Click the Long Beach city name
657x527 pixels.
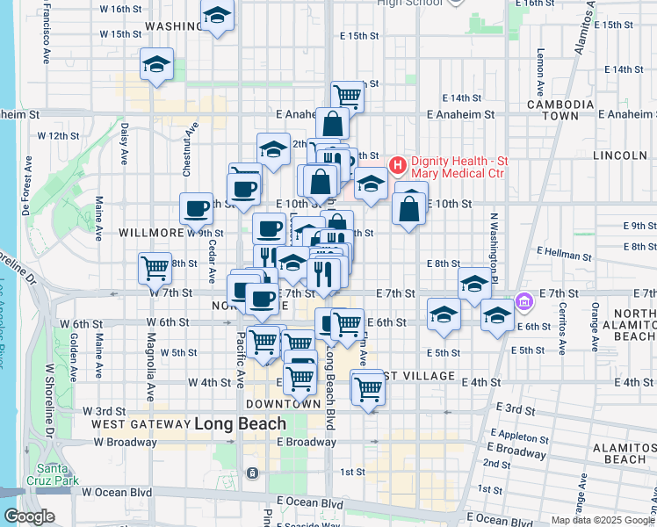point(240,423)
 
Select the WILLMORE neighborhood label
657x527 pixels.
point(151,234)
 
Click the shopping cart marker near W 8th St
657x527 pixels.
point(155,266)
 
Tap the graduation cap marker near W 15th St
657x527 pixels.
point(156,64)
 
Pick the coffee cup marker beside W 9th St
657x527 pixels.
point(197,208)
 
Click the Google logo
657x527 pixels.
point(29,516)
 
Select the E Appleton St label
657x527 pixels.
point(521,435)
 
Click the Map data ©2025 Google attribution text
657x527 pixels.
point(602,520)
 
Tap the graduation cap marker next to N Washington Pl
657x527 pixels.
point(475,283)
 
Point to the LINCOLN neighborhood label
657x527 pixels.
point(620,155)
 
